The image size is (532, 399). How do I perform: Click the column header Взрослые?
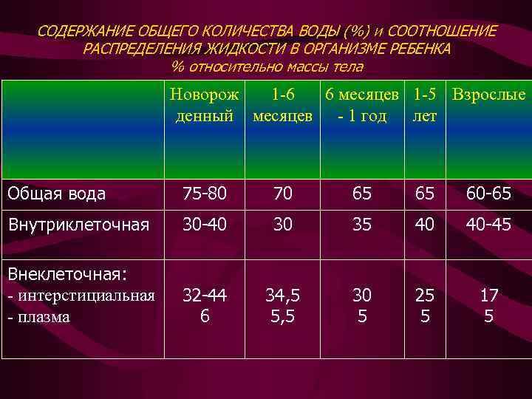[488, 95]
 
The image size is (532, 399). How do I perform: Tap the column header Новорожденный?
[204, 106]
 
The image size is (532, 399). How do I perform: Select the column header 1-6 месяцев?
[282, 106]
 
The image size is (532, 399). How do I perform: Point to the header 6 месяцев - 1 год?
[362, 106]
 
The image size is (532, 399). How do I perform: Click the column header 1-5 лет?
[425, 106]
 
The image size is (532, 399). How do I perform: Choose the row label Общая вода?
[56, 194]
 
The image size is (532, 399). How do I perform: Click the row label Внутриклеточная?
[78, 224]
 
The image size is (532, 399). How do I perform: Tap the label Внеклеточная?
[68, 274]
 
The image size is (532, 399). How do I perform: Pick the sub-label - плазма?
[38, 317]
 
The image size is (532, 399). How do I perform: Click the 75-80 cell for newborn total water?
[204, 194]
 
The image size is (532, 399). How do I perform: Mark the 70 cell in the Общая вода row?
[282, 194]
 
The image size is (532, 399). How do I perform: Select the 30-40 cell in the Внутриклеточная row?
[204, 224]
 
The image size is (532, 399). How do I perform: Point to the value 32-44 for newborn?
[204, 296]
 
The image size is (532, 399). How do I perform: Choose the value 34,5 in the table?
[282, 296]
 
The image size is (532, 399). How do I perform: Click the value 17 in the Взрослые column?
[489, 296]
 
